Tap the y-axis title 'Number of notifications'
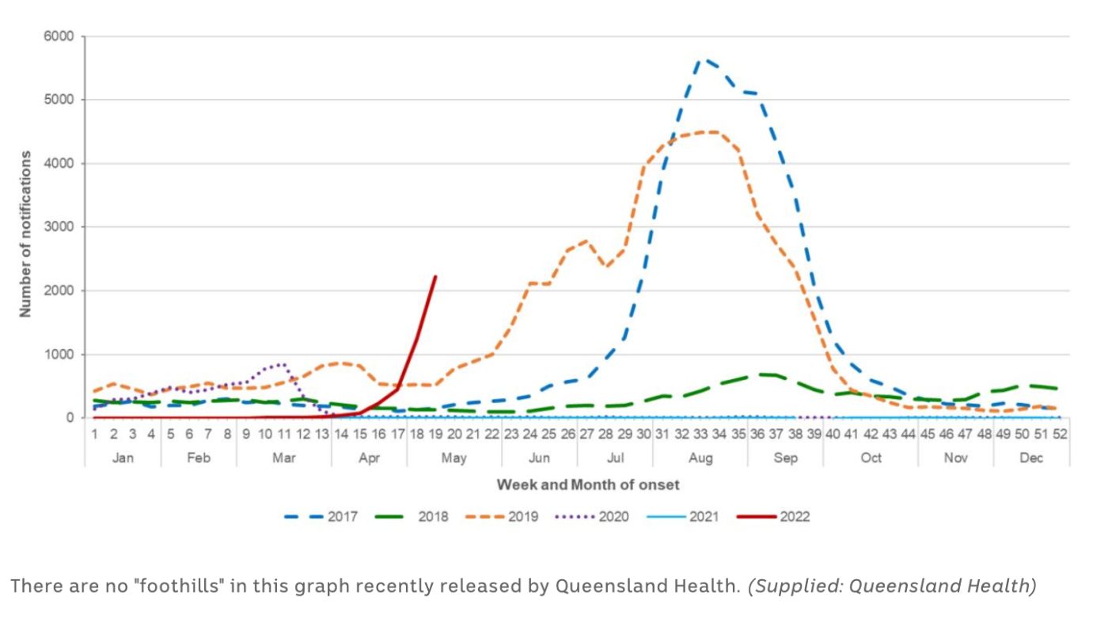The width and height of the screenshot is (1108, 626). click(x=26, y=234)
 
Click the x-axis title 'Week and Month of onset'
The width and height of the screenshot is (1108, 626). click(x=587, y=484)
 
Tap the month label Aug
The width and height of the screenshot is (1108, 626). click(x=700, y=458)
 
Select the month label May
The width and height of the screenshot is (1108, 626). click(x=454, y=458)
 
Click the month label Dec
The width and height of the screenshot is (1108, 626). click(x=1031, y=458)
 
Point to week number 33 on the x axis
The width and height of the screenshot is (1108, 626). click(x=700, y=434)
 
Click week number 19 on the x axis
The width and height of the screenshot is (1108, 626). click(x=435, y=434)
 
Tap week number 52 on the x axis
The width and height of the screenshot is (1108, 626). click(x=1060, y=434)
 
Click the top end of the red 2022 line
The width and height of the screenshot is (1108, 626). click(x=435, y=276)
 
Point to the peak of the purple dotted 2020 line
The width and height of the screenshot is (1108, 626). click(x=283, y=364)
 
